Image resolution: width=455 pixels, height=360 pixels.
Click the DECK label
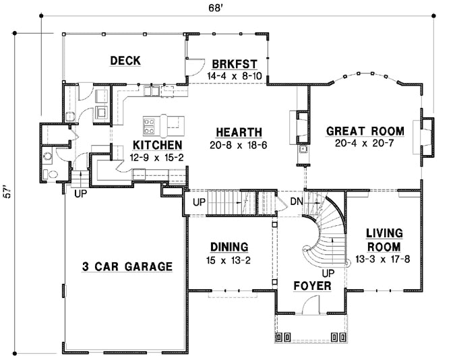pyautogui.click(x=125, y=61)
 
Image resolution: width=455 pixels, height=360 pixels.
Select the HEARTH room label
pyautogui.click(x=239, y=131)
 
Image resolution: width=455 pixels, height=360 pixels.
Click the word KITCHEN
pyautogui.click(x=156, y=145)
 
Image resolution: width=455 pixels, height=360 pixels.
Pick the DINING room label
pyautogui.click(x=229, y=247)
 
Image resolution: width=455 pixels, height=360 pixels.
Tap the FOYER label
pyautogui.click(x=312, y=286)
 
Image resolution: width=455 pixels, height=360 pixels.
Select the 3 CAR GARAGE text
pyautogui.click(x=127, y=266)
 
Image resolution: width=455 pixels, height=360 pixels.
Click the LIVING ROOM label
pyautogui.click(x=384, y=239)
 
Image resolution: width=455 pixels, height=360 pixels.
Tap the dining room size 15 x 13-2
pyautogui.click(x=229, y=259)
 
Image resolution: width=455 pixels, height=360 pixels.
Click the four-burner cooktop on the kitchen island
pyautogui.click(x=150, y=125)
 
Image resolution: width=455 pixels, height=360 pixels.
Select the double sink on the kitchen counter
pyautogui.click(x=151, y=90)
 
